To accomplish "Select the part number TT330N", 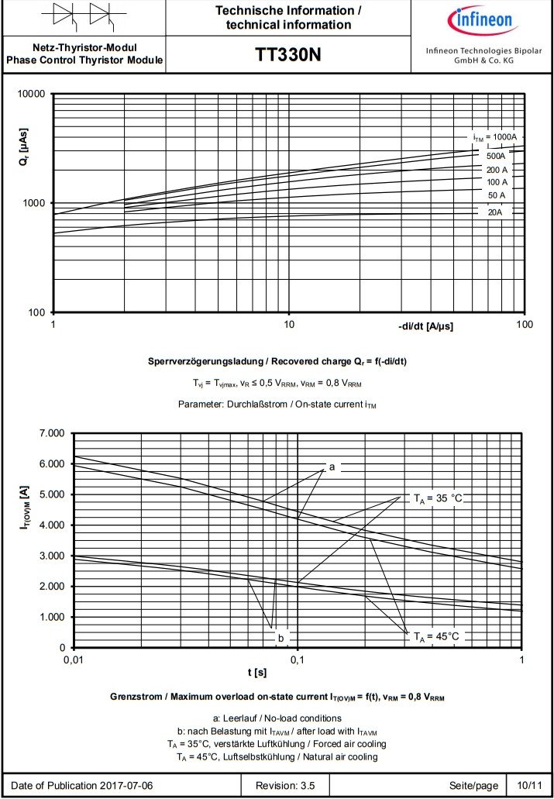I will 287,55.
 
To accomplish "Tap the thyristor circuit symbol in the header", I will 84,15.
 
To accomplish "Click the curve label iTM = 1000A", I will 494,137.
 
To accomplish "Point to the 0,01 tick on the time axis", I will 73,660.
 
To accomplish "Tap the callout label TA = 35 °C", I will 437,498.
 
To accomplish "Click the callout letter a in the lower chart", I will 332,467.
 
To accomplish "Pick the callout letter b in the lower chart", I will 281,637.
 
